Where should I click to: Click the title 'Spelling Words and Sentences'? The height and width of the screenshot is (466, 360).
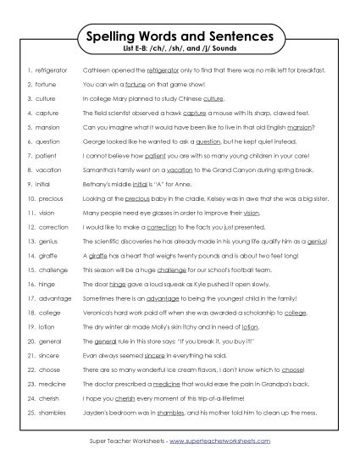click(180, 38)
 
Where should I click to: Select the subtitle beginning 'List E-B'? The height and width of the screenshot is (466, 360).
click(180, 53)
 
